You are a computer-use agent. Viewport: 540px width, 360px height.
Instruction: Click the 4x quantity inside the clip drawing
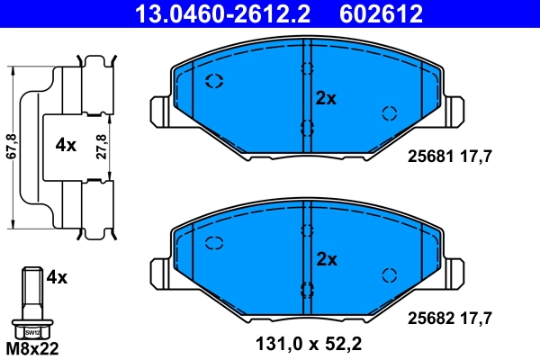click(x=65, y=145)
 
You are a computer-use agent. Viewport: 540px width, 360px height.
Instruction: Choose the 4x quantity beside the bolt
click(x=56, y=277)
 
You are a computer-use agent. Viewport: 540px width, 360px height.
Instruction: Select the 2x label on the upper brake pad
click(x=325, y=99)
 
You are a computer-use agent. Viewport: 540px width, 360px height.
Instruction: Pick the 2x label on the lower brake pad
click(x=325, y=259)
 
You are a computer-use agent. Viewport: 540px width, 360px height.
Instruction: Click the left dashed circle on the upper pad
click(x=214, y=82)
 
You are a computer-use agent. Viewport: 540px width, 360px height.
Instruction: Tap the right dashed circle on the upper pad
click(x=390, y=112)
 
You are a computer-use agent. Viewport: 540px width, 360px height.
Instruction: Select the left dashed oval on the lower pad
click(x=214, y=242)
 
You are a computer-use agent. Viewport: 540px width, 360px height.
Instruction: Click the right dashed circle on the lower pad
click(x=390, y=274)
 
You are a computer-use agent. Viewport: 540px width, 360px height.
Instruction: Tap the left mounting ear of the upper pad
click(x=158, y=112)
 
